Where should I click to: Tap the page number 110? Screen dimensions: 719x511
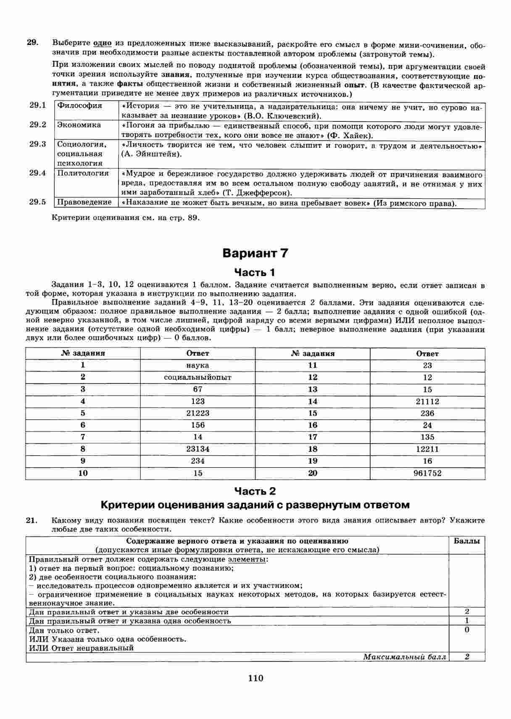[x=255, y=678]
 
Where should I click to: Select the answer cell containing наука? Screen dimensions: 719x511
[x=198, y=365]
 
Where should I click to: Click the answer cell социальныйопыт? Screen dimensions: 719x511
[x=198, y=377]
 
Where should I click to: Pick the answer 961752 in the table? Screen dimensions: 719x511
[x=427, y=473]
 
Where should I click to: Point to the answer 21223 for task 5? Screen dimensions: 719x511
[x=198, y=413]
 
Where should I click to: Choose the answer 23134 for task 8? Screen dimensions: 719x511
[x=198, y=449]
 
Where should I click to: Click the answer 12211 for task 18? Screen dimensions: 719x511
[x=427, y=449]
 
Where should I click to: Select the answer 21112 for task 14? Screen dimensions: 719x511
[x=427, y=401]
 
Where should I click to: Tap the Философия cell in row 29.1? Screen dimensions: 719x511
[x=80, y=106]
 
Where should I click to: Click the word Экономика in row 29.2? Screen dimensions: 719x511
[x=79, y=125]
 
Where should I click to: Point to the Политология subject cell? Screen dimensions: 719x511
[x=83, y=173]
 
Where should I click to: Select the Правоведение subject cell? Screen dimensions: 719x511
[x=84, y=202]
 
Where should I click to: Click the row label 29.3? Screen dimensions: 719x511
[x=38, y=144]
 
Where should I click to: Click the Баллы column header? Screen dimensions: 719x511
[x=466, y=541]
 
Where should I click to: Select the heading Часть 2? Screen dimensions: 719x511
[x=255, y=491]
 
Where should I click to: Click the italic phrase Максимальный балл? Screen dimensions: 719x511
[x=404, y=657]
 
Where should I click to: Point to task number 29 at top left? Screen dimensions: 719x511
[x=32, y=42]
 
